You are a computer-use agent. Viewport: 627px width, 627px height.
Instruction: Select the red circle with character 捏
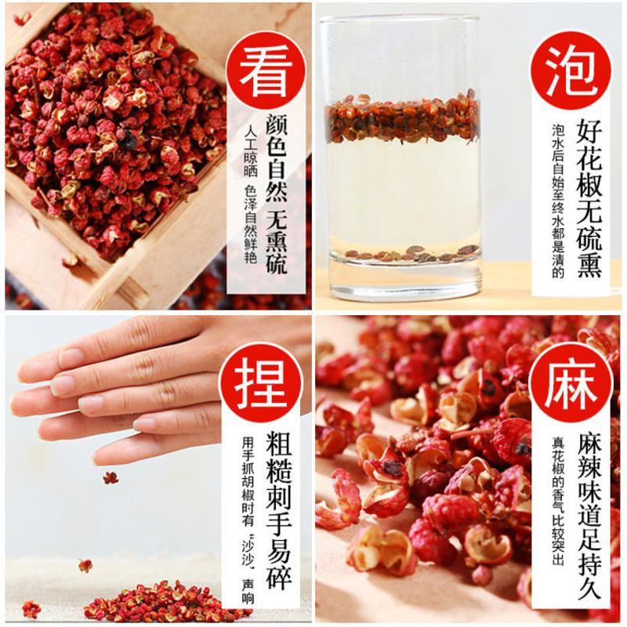(x=261, y=382)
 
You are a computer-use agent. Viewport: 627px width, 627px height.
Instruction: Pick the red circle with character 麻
(x=571, y=382)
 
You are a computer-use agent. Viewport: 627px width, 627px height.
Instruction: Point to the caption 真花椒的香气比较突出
(x=558, y=501)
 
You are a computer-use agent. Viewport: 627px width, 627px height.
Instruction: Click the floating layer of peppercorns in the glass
(x=402, y=118)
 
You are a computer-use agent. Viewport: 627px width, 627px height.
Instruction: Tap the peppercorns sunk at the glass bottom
(x=412, y=253)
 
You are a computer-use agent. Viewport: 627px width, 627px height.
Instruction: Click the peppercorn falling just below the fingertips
(x=111, y=477)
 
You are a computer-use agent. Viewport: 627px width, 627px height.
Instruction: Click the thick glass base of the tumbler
(x=404, y=280)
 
